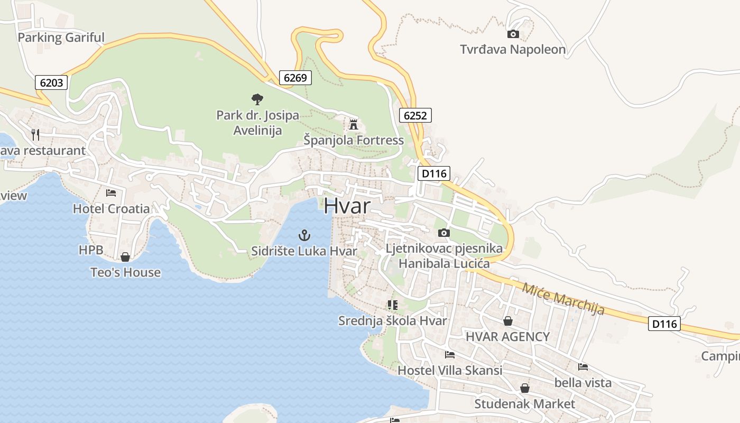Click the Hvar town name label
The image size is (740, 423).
click(347, 206)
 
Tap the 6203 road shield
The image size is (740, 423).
click(51, 82)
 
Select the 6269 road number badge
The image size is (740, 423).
click(295, 78)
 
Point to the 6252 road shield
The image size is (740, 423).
click(415, 115)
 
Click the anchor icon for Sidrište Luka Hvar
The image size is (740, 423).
click(304, 235)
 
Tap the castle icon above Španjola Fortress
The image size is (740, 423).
click(353, 125)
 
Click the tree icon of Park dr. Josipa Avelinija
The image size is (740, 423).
click(257, 98)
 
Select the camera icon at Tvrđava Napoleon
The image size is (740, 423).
click(513, 34)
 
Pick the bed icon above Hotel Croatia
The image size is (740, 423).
click(111, 193)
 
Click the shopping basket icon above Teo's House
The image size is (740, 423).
click(125, 257)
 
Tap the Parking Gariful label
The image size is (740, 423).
click(61, 38)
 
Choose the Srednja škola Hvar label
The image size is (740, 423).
click(392, 320)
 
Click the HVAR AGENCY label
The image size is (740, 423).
click(507, 336)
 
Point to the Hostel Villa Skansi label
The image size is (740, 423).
click(450, 370)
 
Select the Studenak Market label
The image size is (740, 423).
click(524, 404)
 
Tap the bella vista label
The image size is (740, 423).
click(583, 382)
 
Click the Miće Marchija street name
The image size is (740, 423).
click(563, 299)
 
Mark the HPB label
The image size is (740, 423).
click(91, 250)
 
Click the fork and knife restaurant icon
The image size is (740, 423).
click(35, 134)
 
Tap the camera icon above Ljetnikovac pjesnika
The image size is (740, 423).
click(444, 233)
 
